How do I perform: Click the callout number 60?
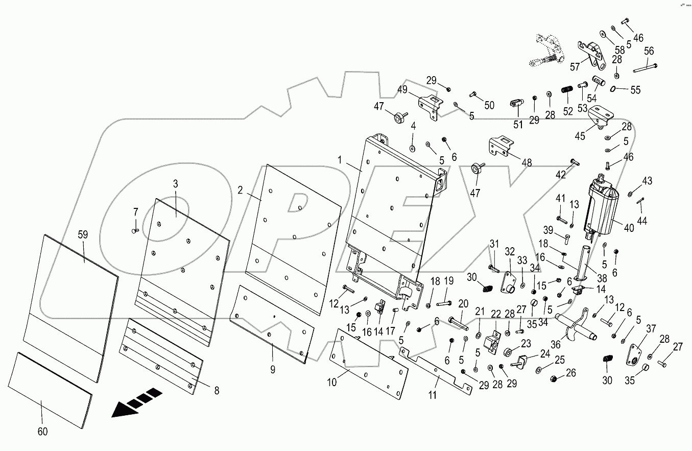point(42,432)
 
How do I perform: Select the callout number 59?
point(83,235)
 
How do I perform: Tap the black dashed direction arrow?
point(136,402)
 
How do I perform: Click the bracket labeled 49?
point(429,106)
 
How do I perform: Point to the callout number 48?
point(527,162)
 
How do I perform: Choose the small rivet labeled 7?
point(135,231)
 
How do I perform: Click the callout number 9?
point(273,369)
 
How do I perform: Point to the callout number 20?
point(463,303)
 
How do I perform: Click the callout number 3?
point(175,183)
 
